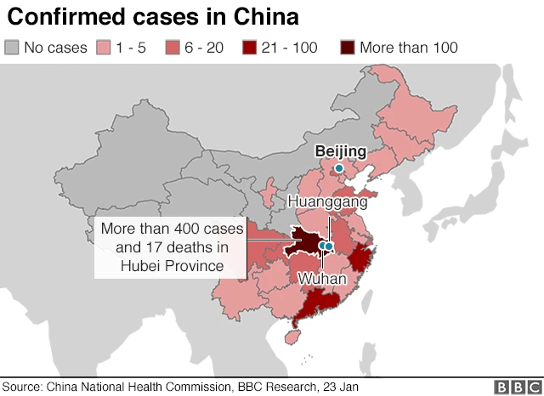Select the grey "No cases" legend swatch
pos(12,47)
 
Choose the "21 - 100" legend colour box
pos(252,47)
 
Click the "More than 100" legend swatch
pos(348,47)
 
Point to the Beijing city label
pos(340,151)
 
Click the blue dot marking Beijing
pos(338,168)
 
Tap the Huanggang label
pos(327,202)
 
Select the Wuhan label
pos(321,278)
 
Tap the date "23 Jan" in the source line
pos(337,387)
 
